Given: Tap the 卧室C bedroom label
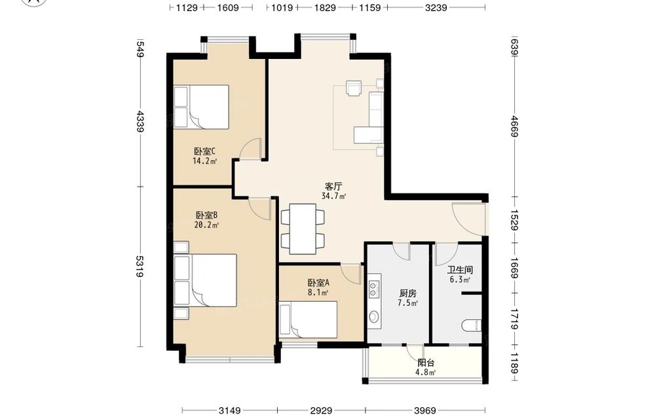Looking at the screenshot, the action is click(204, 151).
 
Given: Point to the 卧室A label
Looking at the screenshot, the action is click(319, 283).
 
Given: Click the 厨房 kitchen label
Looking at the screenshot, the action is click(407, 293).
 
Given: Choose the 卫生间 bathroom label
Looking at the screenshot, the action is click(460, 270).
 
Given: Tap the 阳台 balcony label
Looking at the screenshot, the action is click(426, 363).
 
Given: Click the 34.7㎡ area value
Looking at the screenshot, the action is click(334, 196).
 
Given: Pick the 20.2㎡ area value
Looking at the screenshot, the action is click(207, 225).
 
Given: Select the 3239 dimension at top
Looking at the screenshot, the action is click(436, 7).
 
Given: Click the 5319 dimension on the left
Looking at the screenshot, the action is click(140, 266).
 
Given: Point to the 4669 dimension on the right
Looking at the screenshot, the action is click(514, 126).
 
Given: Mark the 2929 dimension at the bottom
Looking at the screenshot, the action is click(321, 410).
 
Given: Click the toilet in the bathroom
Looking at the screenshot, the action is click(472, 325).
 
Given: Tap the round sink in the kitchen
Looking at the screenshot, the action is click(374, 317).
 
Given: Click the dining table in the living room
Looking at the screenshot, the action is click(303, 228).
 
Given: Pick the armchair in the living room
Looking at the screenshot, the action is click(354, 88).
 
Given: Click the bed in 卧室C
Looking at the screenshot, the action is click(201, 107).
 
